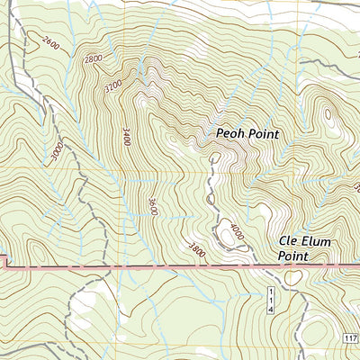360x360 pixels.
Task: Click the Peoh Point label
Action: (x=247, y=134)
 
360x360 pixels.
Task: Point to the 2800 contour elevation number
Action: (x=92, y=59)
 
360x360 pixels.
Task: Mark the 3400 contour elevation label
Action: (x=125, y=137)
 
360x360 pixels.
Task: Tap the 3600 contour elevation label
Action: (x=154, y=206)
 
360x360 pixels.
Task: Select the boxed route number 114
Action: (x=269, y=297)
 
